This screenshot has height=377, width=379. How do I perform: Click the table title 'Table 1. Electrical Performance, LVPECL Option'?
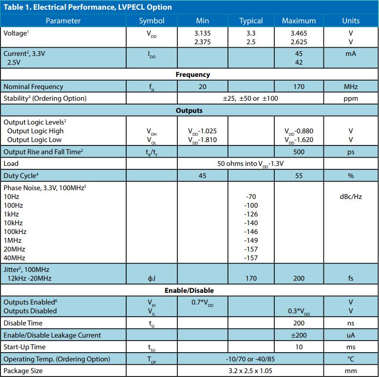tap(88, 7)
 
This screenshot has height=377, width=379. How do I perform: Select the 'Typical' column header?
tap(251, 20)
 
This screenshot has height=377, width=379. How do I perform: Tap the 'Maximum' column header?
tap(299, 20)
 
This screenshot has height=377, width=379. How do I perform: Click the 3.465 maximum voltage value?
tap(299, 33)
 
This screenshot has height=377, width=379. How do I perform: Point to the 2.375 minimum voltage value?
tap(203, 42)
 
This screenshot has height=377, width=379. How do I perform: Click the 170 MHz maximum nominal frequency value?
tap(299, 87)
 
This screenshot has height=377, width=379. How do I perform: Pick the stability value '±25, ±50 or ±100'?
tap(250, 98)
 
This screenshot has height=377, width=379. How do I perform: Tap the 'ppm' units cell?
tap(351, 98)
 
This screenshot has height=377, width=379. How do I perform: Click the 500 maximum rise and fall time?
tap(299, 152)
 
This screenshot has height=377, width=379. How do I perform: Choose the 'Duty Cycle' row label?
tap(20, 175)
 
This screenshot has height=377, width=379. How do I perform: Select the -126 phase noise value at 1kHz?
tap(251, 214)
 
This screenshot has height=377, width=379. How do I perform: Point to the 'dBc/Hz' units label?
tap(351, 197)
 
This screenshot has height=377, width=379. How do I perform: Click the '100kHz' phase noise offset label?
tap(15, 232)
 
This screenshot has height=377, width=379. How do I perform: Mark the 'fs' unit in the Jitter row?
tap(351, 278)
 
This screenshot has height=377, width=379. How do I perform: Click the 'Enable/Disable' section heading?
tap(189, 290)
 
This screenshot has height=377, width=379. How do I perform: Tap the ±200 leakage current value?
tap(299, 335)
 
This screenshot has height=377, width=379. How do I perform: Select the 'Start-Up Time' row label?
tap(24, 347)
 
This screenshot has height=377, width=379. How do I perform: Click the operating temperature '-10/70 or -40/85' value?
tap(250, 359)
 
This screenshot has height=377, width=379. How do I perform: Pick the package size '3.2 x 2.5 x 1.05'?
tap(250, 371)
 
